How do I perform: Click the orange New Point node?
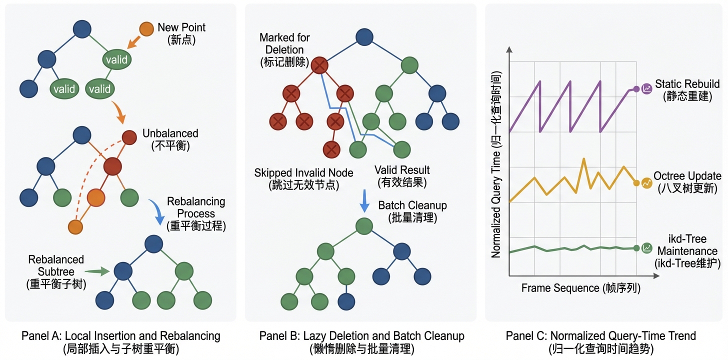click(x=146, y=29)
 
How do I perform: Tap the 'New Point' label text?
click(x=181, y=33)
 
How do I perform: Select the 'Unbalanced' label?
click(x=170, y=139)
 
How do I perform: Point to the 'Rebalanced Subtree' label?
click(x=56, y=271)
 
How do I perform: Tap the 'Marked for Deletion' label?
click(x=284, y=50)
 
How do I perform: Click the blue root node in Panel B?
click(x=365, y=37)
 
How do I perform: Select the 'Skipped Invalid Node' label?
click(x=303, y=178)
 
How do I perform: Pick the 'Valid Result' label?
click(x=401, y=176)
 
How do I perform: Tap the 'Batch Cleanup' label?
click(x=412, y=211)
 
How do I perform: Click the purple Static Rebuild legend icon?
click(x=647, y=89)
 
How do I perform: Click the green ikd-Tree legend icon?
click(x=647, y=247)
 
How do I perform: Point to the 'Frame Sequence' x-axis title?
click(x=580, y=288)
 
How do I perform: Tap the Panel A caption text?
click(x=120, y=341)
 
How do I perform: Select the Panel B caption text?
click(x=361, y=341)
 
